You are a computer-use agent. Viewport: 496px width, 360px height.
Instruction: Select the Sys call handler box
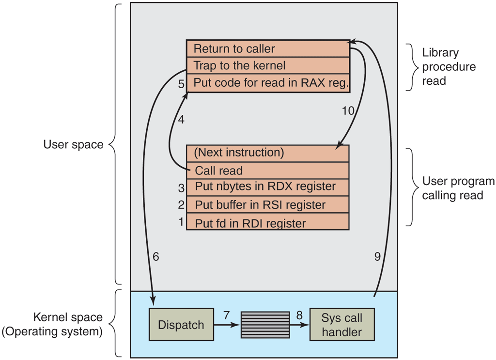point(342,325)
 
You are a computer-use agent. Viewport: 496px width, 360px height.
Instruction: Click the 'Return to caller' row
point(267,48)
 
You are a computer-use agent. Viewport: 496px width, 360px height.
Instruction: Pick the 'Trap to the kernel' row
point(267,65)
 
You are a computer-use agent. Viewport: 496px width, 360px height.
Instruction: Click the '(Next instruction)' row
point(267,153)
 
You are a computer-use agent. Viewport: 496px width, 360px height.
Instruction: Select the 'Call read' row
point(267,171)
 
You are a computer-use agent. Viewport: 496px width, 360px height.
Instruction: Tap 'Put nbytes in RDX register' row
point(267,187)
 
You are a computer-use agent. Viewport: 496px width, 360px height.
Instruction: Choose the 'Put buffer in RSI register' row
point(267,204)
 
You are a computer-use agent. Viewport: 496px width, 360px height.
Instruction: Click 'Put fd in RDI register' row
point(267,223)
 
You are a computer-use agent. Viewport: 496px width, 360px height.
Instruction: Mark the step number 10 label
point(348,111)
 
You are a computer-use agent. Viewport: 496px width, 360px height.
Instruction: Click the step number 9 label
point(377,257)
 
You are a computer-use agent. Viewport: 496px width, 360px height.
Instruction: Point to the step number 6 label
point(155,257)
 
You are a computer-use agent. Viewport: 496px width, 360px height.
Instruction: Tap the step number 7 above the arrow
point(226,315)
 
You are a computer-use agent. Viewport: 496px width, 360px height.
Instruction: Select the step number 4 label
point(181,120)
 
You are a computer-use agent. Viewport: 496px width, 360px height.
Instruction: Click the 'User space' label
point(73,144)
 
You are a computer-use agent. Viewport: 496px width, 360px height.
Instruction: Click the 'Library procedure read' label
point(449,67)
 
